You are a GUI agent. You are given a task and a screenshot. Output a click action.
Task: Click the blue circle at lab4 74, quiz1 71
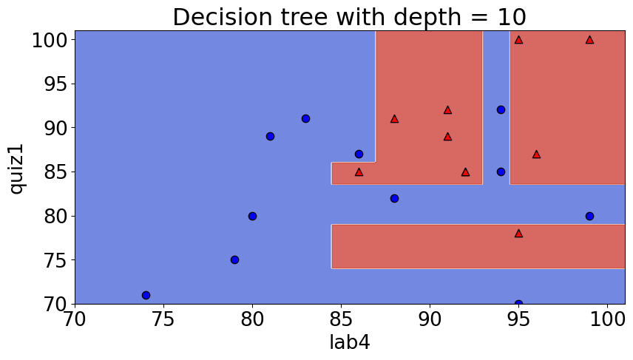point(146,295)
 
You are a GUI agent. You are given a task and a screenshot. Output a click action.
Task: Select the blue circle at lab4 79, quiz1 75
point(234,259)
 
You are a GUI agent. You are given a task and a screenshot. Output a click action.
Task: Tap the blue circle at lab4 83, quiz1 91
point(305,118)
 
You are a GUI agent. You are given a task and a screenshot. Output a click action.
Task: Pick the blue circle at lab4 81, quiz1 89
point(270,136)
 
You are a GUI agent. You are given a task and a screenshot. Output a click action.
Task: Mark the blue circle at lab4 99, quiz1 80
point(589,216)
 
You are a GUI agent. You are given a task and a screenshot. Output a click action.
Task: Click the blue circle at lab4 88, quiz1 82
point(394,198)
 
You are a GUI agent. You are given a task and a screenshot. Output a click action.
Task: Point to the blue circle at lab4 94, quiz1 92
point(501,109)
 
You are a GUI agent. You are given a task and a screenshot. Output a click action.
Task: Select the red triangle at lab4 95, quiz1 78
point(518,233)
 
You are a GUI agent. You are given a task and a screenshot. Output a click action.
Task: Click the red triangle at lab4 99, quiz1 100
point(589,39)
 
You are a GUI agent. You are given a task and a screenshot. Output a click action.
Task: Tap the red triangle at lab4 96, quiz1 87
point(536,154)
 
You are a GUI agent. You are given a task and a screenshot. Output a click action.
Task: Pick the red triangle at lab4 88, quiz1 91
point(394,118)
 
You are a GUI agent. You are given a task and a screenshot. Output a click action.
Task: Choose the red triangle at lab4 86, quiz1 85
point(359,171)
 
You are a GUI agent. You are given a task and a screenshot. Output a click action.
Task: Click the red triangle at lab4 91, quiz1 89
point(447,136)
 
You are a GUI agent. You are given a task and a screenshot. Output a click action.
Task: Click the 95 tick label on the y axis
point(50,84)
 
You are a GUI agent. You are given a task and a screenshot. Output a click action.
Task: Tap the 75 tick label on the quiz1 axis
point(50,260)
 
